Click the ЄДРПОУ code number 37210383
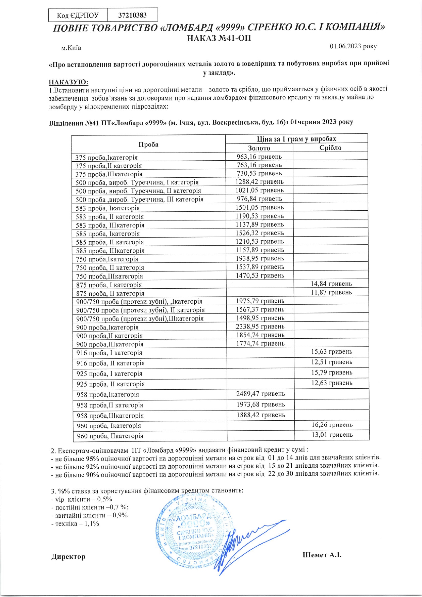point(132,15)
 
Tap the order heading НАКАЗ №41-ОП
point(219,38)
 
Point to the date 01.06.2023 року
point(353,46)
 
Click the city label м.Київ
point(71,48)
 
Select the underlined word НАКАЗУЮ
point(68,82)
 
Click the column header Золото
point(259,148)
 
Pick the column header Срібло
point(330,148)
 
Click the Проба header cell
point(148,144)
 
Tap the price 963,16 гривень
point(259,157)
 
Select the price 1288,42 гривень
point(259,182)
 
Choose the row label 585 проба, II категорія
point(110,242)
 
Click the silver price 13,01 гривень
point(332,435)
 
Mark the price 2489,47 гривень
point(260,394)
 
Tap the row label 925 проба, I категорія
point(109,374)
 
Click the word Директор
point(68,557)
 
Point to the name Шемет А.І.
point(322,555)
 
